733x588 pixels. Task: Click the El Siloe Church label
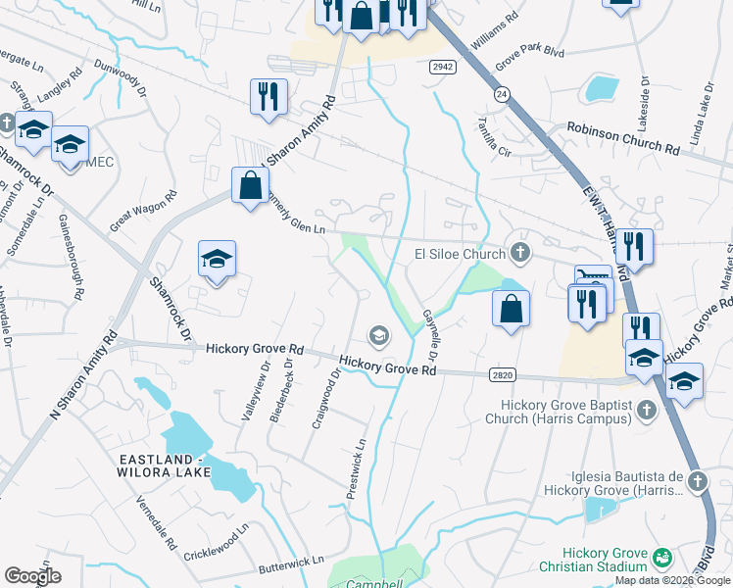pyautogui.click(x=457, y=253)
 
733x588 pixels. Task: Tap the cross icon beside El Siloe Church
pyautogui.click(x=519, y=253)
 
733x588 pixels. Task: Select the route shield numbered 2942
pyautogui.click(x=442, y=67)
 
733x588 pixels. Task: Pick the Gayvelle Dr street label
pyautogui.click(x=429, y=328)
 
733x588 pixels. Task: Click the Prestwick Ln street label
pyautogui.click(x=360, y=465)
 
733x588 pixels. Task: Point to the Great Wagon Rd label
pyautogui.click(x=143, y=211)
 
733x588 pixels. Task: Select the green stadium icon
pyautogui.click(x=662, y=558)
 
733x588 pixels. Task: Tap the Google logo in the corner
pyautogui.click(x=32, y=576)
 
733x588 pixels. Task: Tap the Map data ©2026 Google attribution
pyautogui.click(x=672, y=580)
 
